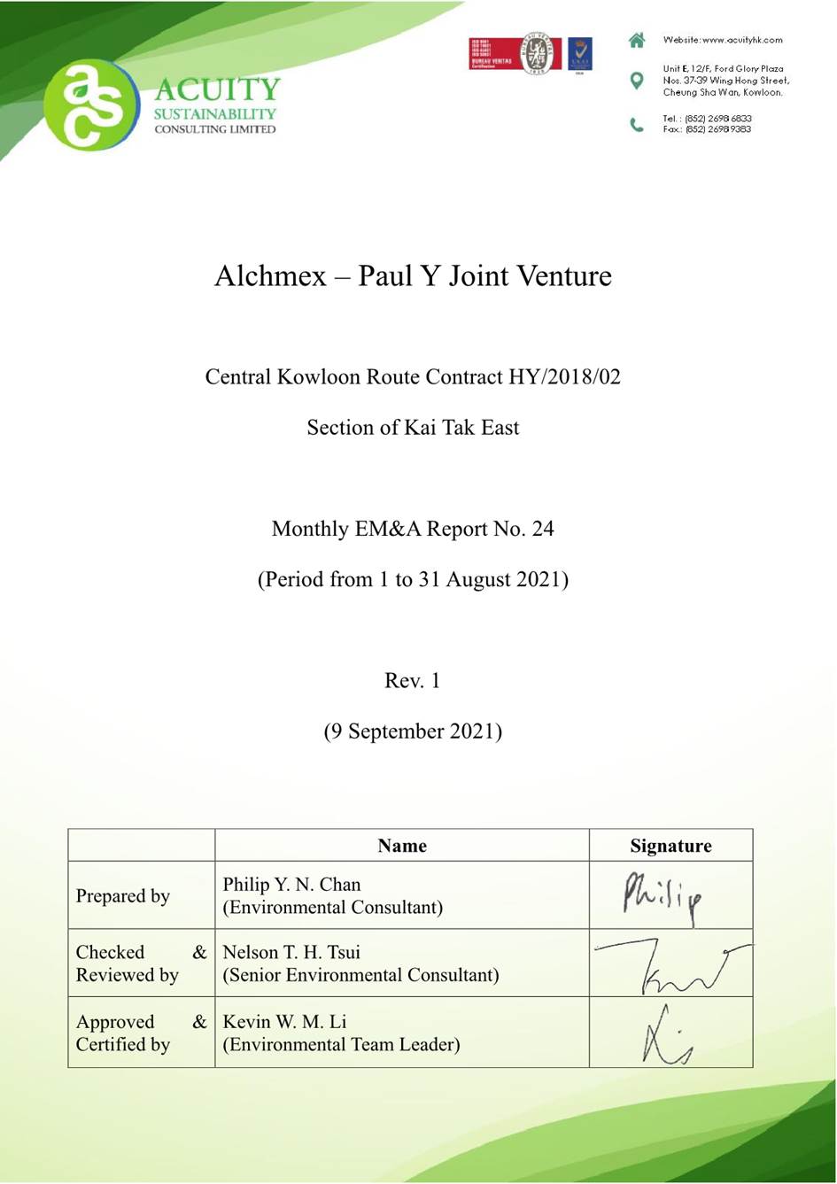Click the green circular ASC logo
pyautogui.click(x=91, y=104)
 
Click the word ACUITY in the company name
pyautogui.click(x=217, y=89)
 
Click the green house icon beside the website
pyautogui.click(x=636, y=40)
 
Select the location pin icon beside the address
pyautogui.click(x=636, y=81)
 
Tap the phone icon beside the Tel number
pyautogui.click(x=636, y=124)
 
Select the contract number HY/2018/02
pyautogui.click(x=564, y=376)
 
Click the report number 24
pyautogui.click(x=543, y=529)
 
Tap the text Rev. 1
pyautogui.click(x=412, y=680)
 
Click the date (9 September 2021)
pyautogui.click(x=413, y=731)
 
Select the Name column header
pyautogui.click(x=401, y=846)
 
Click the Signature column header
pyautogui.click(x=670, y=846)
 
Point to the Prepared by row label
pyautogui.click(x=123, y=896)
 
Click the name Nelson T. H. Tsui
pyautogui.click(x=291, y=952)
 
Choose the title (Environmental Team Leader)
pyautogui.click(x=341, y=1044)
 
